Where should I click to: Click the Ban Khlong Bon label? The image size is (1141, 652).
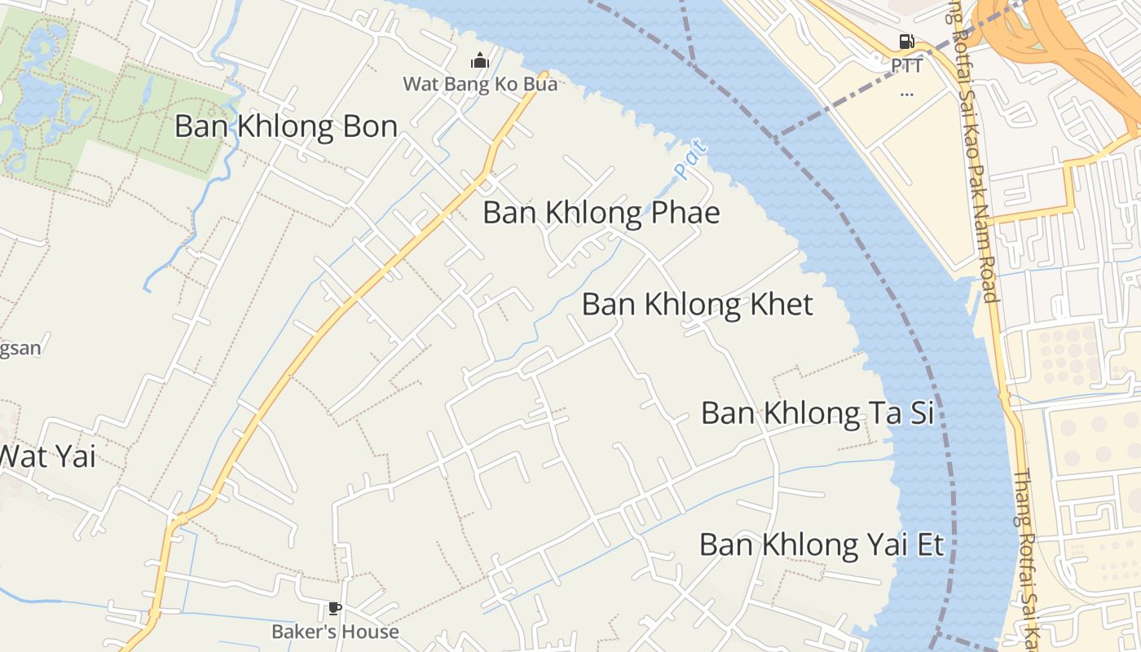[286, 127]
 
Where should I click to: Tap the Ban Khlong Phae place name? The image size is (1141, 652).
[601, 213]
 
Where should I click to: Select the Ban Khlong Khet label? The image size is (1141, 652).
[697, 305]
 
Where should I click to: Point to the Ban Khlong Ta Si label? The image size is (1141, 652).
[817, 413]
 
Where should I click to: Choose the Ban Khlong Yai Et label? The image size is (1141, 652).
[822, 544]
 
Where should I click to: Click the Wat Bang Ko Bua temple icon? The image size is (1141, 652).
[479, 61]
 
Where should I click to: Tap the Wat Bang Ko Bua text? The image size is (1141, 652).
[480, 84]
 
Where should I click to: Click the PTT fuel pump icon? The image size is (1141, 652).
[906, 42]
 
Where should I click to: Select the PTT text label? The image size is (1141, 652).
[906, 65]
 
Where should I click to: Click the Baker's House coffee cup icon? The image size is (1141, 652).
[334, 608]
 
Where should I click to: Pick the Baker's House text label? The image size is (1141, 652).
[335, 632]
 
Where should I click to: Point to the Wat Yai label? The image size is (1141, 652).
[47, 456]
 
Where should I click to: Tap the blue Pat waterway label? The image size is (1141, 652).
[689, 160]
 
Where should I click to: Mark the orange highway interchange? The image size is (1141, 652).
[1051, 33]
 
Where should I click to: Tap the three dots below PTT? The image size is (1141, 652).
[906, 93]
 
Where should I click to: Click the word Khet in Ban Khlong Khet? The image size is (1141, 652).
[782, 305]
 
